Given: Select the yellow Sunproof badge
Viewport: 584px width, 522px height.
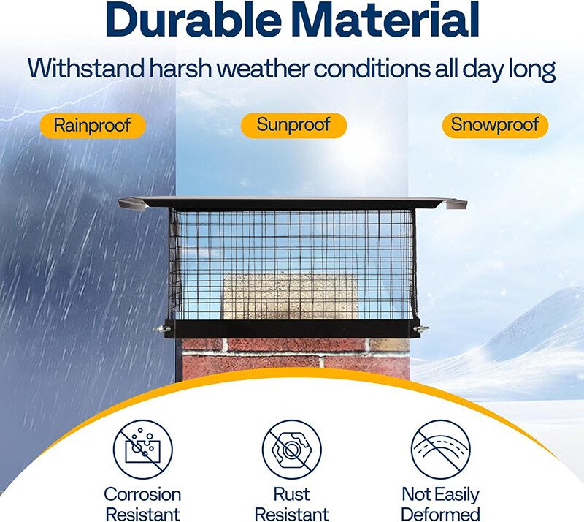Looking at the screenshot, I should point(293,125).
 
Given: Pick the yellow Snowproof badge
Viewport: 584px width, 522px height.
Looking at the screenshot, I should point(495,125).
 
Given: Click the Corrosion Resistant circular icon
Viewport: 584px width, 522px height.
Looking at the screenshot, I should point(142,448).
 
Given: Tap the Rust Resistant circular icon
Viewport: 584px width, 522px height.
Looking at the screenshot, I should point(292,448).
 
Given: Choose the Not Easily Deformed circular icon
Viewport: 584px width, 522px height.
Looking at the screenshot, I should point(440,448).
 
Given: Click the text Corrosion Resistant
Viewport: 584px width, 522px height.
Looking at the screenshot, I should point(142,504).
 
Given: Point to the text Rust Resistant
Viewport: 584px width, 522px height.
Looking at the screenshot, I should point(292,504).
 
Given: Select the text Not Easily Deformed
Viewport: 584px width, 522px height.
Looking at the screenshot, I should point(440,504).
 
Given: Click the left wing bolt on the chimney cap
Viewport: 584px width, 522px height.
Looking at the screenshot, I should point(160,330).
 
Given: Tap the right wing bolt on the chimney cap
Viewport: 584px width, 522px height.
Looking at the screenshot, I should point(423,330).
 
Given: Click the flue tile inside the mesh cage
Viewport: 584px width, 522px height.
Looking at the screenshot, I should point(290,296).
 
